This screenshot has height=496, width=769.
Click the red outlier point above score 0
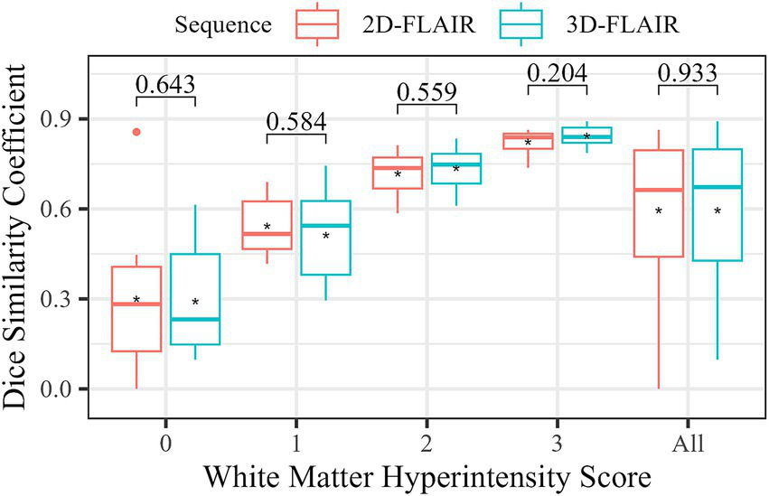136,132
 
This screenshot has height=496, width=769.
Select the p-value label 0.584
295,121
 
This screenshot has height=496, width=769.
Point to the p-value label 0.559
427,92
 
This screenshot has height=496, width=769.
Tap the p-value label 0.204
557,72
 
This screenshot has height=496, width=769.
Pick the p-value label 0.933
688,72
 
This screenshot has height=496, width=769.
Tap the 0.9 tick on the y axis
69,119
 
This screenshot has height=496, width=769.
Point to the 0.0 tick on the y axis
69,388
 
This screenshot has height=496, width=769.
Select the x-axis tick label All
688,444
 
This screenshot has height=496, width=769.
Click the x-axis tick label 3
557,444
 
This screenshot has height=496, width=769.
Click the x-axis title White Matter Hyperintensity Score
427,475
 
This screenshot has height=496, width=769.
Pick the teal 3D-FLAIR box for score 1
324,238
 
